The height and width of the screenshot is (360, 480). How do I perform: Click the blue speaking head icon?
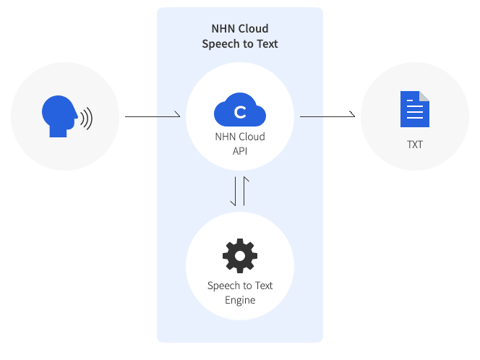59,116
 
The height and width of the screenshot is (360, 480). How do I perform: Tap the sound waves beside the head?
87,119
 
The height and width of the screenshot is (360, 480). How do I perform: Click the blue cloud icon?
240,110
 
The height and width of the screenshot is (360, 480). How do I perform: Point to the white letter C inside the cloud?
240,112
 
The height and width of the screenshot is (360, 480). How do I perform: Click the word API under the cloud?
240,151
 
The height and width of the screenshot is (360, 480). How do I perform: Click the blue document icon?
415,109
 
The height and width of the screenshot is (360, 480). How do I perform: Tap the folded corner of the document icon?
424,96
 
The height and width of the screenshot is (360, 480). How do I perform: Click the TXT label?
415,145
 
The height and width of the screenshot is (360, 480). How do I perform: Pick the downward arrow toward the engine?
234,191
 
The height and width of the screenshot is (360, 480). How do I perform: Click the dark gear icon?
240,256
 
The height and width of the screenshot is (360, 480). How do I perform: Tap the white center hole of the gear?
240,256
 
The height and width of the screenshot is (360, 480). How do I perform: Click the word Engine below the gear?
240,300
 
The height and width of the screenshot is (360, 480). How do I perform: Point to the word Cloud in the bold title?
253,29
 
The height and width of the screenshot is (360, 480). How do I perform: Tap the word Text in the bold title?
267,44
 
